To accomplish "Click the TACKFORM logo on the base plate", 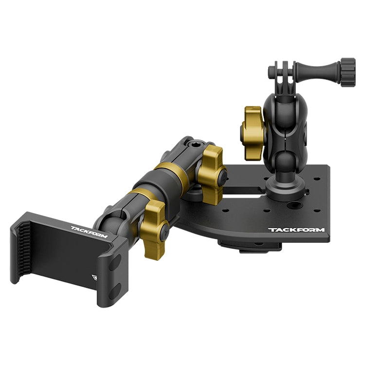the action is click(x=296, y=230).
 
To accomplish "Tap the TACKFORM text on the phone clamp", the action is click(x=89, y=232).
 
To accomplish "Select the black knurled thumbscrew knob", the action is click(x=348, y=73).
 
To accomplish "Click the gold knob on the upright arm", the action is click(x=253, y=133).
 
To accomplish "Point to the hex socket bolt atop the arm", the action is click(x=193, y=146).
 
